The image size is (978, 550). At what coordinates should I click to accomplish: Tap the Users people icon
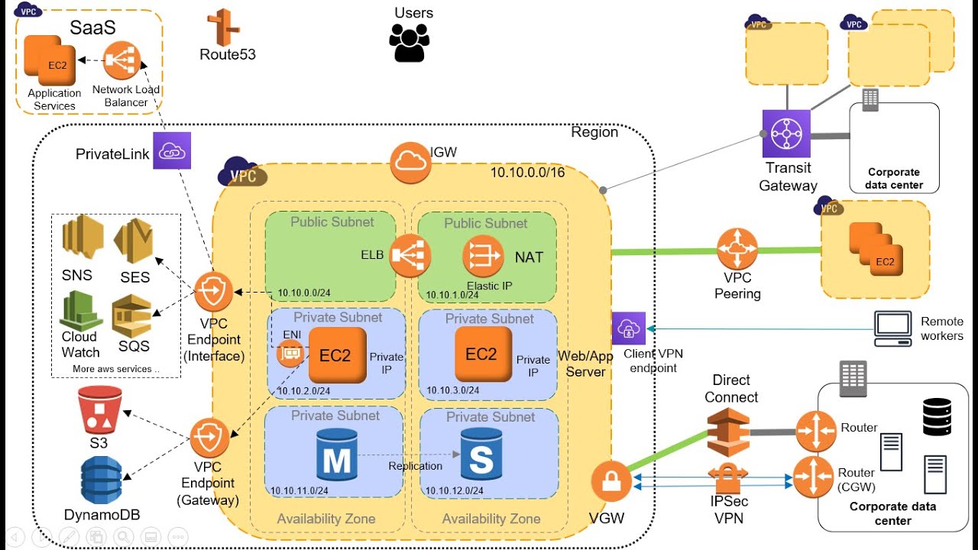(x=410, y=42)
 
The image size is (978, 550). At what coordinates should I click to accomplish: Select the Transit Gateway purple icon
(x=785, y=134)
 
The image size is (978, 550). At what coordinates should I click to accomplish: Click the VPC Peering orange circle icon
(x=737, y=250)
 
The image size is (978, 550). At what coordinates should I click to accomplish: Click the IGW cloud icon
(x=410, y=162)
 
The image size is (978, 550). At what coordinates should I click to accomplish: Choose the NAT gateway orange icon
(x=483, y=256)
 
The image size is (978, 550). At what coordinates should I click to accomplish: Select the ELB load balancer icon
(x=410, y=256)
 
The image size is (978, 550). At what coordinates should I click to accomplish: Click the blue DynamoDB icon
(x=101, y=480)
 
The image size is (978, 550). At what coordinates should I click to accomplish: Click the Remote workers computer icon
(x=892, y=328)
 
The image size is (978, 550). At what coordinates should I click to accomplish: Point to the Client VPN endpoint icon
(x=628, y=328)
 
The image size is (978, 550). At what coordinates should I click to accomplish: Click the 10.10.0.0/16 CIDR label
(x=527, y=173)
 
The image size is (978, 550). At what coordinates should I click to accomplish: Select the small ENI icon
(x=290, y=354)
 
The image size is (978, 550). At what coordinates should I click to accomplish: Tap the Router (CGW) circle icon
(x=813, y=477)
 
